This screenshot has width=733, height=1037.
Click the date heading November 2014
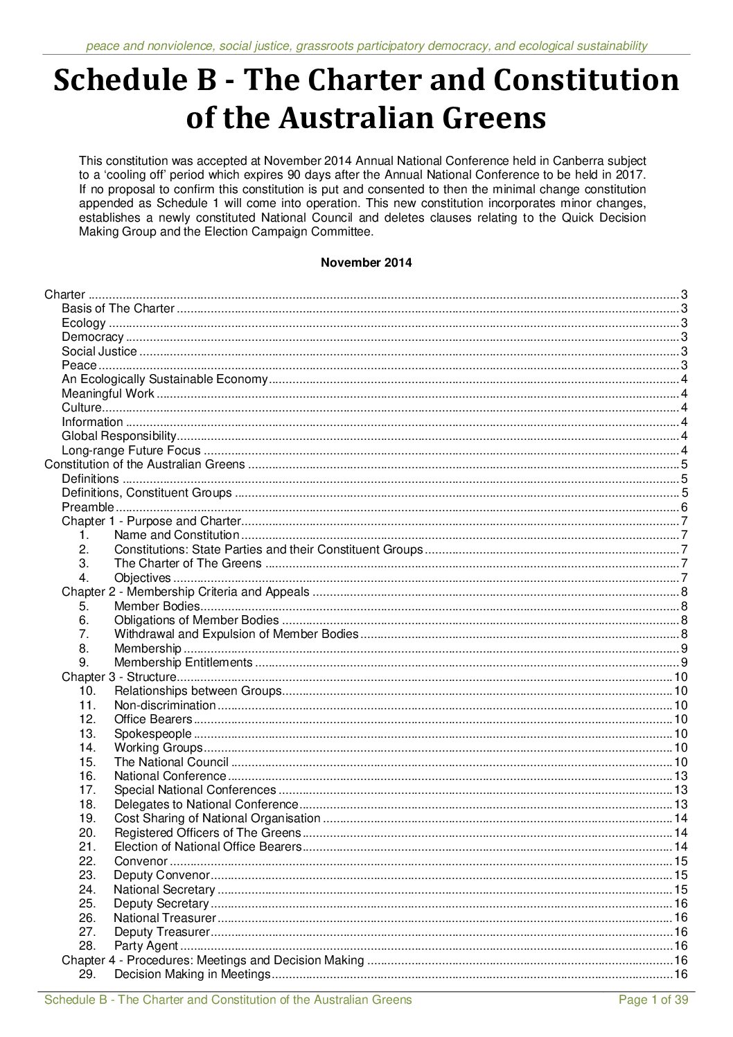(x=366, y=263)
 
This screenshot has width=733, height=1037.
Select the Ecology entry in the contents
(x=84, y=323)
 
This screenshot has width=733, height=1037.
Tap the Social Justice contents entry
(x=99, y=351)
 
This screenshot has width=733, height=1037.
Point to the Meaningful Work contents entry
(x=108, y=393)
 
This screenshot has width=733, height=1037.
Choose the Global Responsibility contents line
(x=119, y=436)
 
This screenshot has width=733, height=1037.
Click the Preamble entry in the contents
(x=87, y=507)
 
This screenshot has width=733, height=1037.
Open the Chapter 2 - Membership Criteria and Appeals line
(x=185, y=592)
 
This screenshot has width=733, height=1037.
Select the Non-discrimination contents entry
(x=165, y=705)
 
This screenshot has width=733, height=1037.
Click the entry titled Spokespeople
(x=152, y=734)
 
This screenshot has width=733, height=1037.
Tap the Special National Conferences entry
(x=195, y=790)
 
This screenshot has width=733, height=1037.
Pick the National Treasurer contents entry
(x=165, y=918)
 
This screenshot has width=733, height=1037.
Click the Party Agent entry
(x=146, y=946)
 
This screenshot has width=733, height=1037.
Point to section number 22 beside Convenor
(x=87, y=861)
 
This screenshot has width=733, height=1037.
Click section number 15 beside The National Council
(x=87, y=762)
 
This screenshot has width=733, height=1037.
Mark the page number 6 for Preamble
(x=684, y=507)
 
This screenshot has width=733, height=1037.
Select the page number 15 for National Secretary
(x=680, y=889)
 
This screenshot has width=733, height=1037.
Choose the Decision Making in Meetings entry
(x=192, y=975)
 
